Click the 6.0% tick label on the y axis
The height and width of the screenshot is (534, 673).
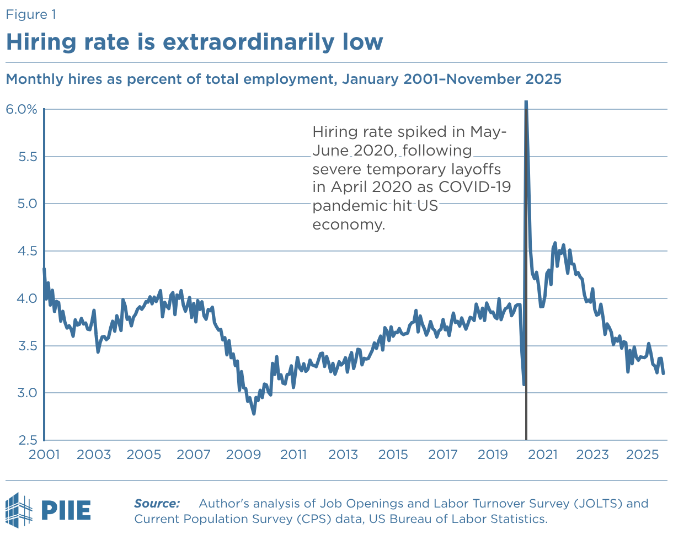point(22,109)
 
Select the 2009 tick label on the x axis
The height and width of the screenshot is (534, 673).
point(243,455)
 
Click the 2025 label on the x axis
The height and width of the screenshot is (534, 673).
point(643,455)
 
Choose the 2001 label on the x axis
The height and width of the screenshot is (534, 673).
point(44,455)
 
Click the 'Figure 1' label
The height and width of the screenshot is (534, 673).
point(31,15)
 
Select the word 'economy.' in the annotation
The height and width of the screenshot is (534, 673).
point(348,225)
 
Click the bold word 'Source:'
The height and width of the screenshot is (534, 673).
point(157,504)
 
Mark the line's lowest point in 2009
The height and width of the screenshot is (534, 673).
point(254,413)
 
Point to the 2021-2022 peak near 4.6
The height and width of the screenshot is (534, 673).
point(555,243)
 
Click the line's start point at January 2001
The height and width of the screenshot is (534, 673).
point(44,269)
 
